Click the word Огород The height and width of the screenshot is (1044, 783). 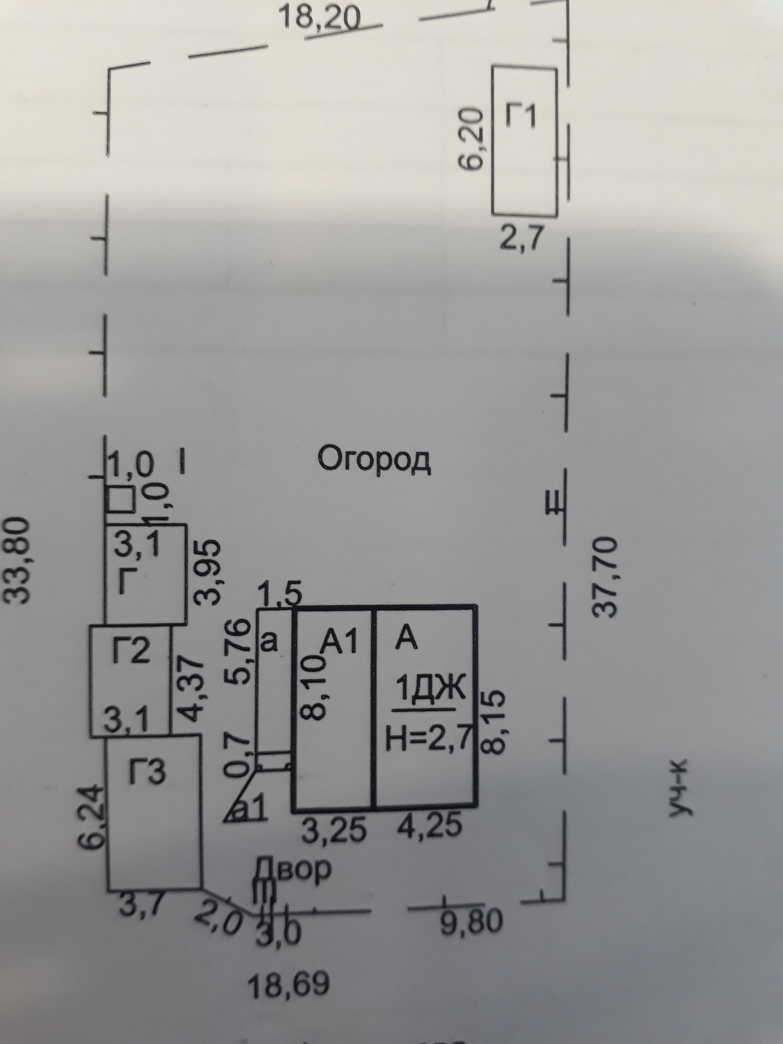point(374,459)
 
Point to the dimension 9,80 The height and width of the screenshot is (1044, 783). point(471,921)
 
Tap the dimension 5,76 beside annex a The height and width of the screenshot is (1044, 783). point(237,651)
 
